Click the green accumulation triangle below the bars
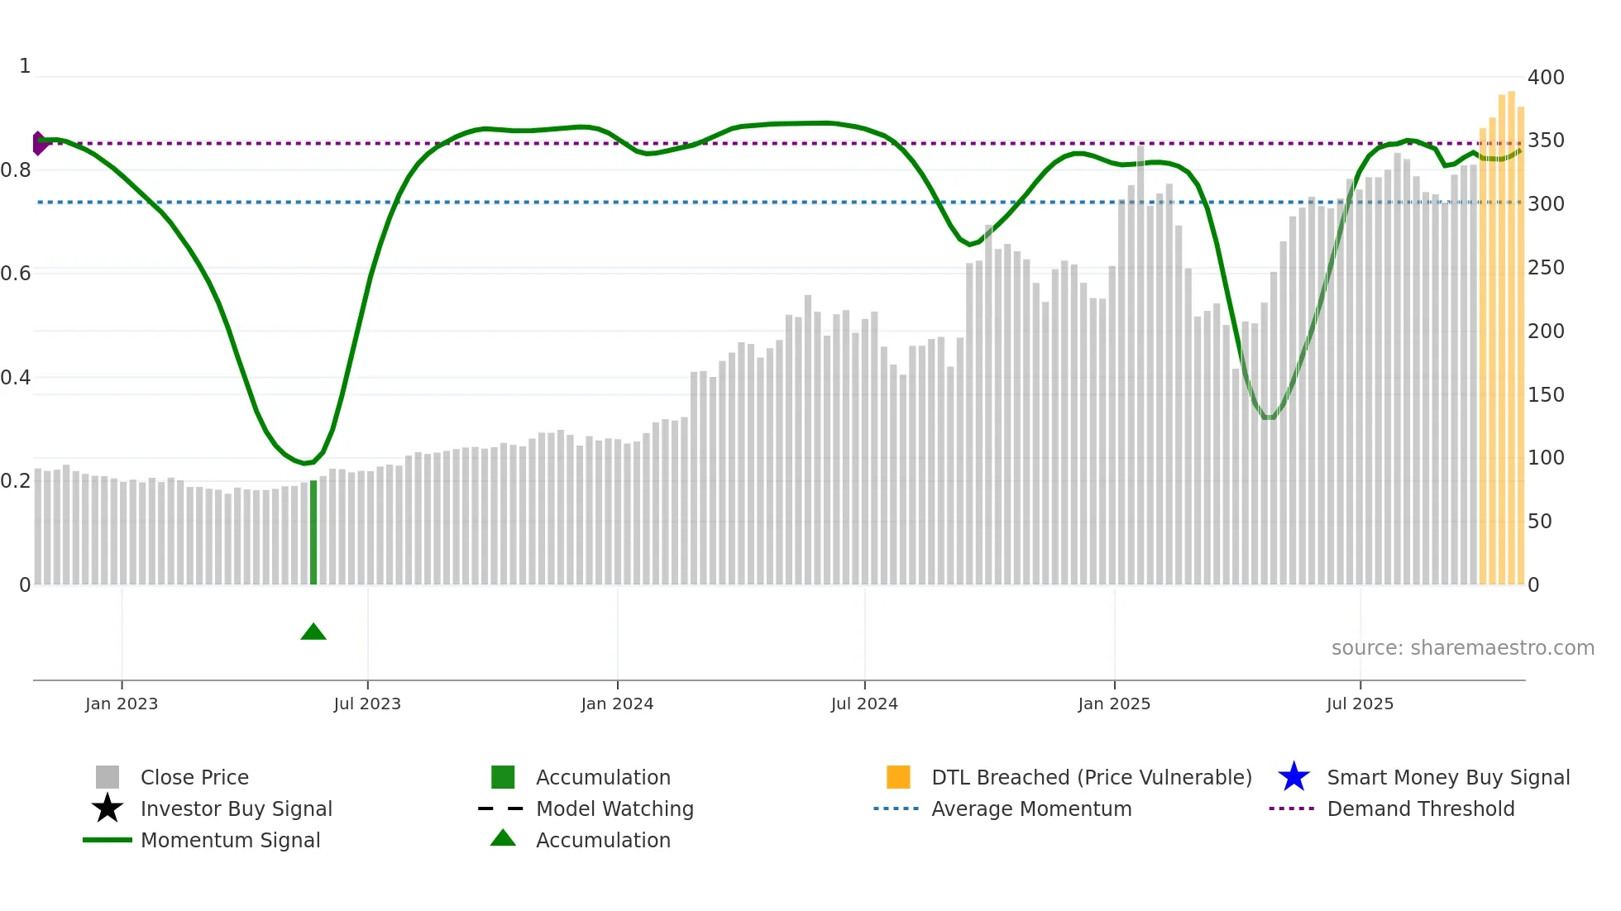click(313, 632)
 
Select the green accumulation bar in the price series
click(313, 532)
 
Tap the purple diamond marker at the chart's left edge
click(39, 143)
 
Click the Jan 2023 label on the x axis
click(122, 704)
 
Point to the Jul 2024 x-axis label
click(864, 704)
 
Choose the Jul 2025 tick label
click(1360, 704)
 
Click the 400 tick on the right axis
click(1546, 78)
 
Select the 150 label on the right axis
click(1546, 395)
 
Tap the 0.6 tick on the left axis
click(16, 274)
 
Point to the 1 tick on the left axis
click(25, 66)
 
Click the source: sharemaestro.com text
click(1462, 648)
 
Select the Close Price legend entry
click(194, 778)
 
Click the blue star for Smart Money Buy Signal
click(1293, 777)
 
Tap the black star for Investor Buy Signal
click(108, 808)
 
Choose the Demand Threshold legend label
click(1420, 809)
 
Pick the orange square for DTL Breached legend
click(898, 777)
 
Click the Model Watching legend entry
click(614, 809)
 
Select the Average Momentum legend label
click(1031, 809)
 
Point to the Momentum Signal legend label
click(230, 841)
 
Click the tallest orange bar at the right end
click(1511, 339)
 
